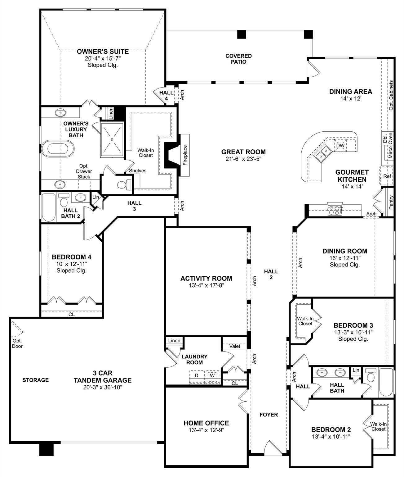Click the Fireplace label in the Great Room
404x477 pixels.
click(185, 155)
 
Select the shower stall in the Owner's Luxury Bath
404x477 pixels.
click(112, 140)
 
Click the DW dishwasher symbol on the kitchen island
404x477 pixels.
click(340, 145)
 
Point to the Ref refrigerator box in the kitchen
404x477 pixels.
click(387, 176)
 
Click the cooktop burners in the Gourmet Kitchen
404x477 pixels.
click(335, 210)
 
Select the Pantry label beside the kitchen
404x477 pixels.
click(391, 202)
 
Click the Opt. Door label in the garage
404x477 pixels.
click(17, 343)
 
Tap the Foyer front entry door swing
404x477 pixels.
click(273, 448)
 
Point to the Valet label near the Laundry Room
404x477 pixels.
click(235, 346)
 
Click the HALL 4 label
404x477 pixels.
click(166, 96)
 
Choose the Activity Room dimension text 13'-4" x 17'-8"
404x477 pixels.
click(206, 285)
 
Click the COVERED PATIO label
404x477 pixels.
click(238, 59)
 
